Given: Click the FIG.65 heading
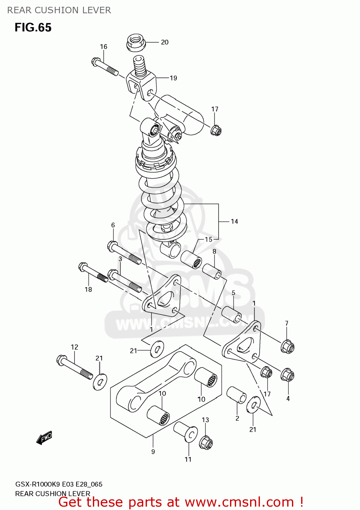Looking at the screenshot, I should [33, 27].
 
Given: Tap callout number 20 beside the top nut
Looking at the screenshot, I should [165, 42].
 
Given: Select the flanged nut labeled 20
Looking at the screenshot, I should [136, 42].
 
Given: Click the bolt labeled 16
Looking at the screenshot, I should [105, 67].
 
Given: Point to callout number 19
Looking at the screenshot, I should [174, 78].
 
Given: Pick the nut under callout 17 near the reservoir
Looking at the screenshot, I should [216, 130].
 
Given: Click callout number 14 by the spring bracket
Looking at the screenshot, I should [234, 221].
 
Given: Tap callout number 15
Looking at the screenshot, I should [209, 239].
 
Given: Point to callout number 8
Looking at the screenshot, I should [214, 252].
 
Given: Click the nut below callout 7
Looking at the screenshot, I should [288, 347].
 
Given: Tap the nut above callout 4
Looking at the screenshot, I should [288, 375].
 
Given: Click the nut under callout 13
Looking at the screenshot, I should [206, 443].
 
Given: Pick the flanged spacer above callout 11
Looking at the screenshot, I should [186, 432].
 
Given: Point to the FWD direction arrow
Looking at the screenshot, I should [44, 438].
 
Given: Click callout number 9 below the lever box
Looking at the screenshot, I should [153, 452].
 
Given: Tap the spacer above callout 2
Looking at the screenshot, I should [236, 395].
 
